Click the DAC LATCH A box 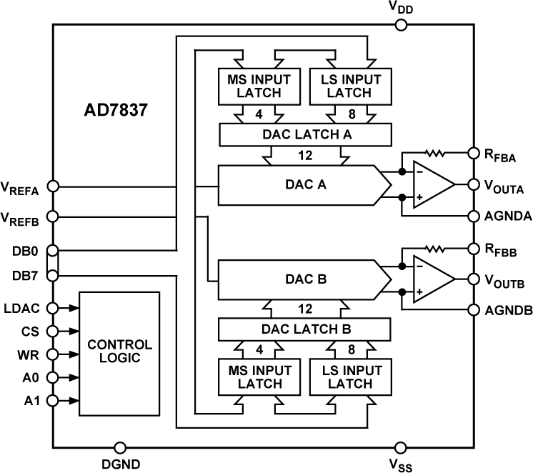coord(305,134)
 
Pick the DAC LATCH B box coord(305,329)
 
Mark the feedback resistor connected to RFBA coord(435,152)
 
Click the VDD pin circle coord(401,26)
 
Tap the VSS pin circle coord(401,447)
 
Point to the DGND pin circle coord(121,447)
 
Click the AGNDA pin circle coord(472,215)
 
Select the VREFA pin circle coord(52,187)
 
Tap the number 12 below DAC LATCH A coord(305,154)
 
